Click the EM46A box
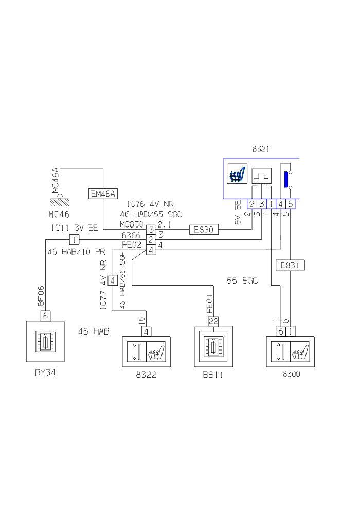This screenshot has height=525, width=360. coord(103,194)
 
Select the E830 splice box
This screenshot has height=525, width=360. coord(204,230)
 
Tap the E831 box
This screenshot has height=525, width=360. coord(291,265)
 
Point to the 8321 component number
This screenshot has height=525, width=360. coord(261,150)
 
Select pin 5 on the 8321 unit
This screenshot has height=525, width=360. coord(291,204)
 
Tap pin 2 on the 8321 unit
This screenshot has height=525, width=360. coord(252,204)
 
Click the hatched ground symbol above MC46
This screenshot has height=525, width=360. coord(60,202)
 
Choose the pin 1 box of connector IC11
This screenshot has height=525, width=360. coord(74,240)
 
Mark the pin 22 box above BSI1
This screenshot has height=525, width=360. coord(213,321)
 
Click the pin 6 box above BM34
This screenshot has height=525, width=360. coord(45,316)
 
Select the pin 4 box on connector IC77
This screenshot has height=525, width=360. coord(112,280)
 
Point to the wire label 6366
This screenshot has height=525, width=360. coord(131,235)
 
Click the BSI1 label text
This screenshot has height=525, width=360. coord(213,376)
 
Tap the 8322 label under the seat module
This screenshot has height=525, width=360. coord(146,375)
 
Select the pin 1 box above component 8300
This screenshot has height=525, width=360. coord(291,331)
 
